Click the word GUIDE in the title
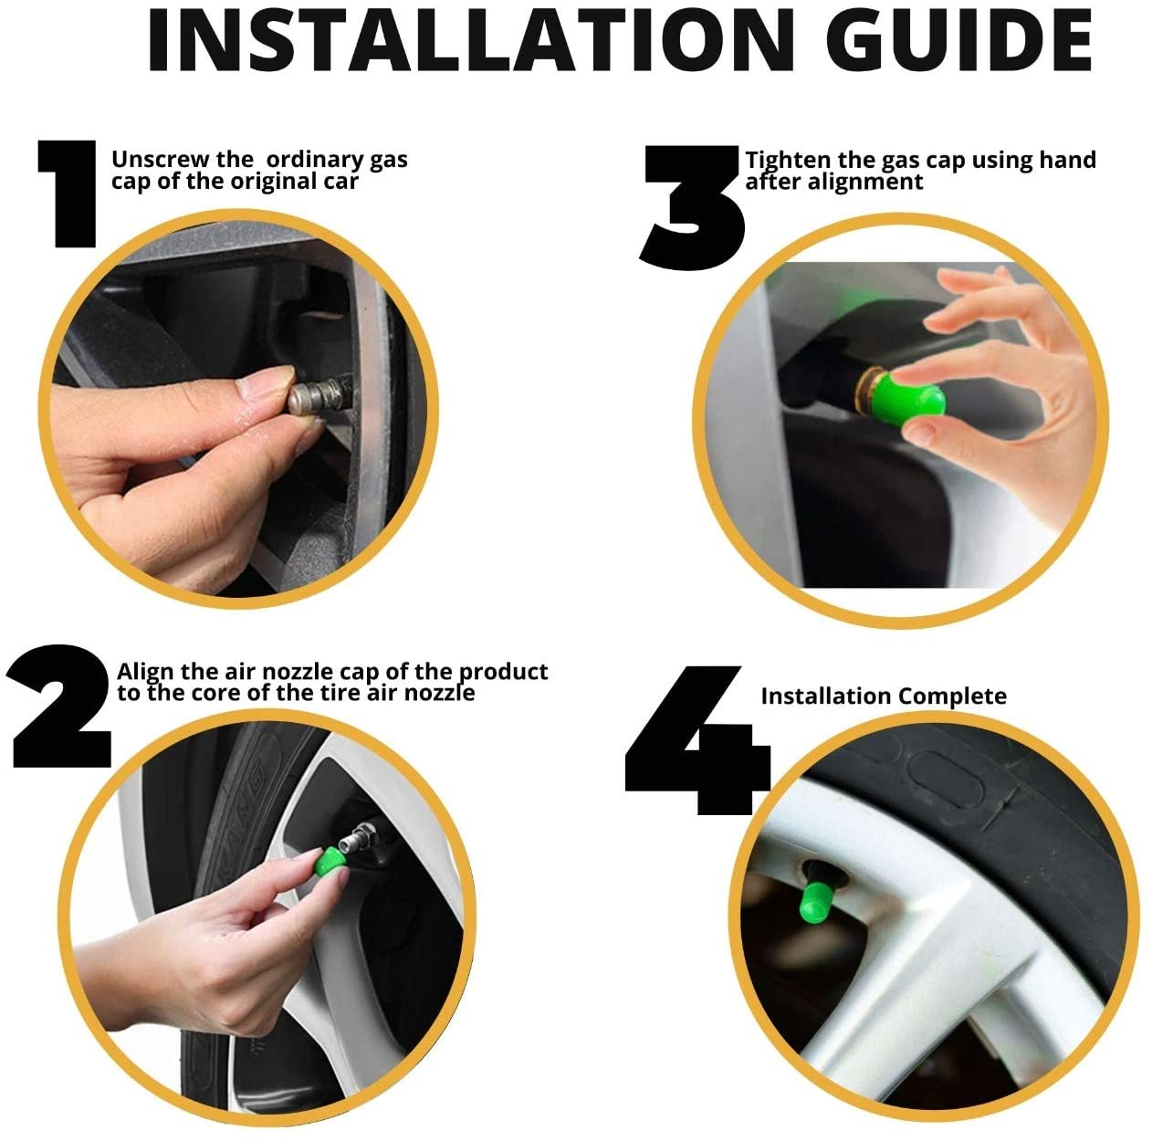tap(959, 41)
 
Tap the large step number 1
tap(68, 194)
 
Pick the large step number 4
tap(697, 740)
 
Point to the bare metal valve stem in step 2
tap(357, 837)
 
